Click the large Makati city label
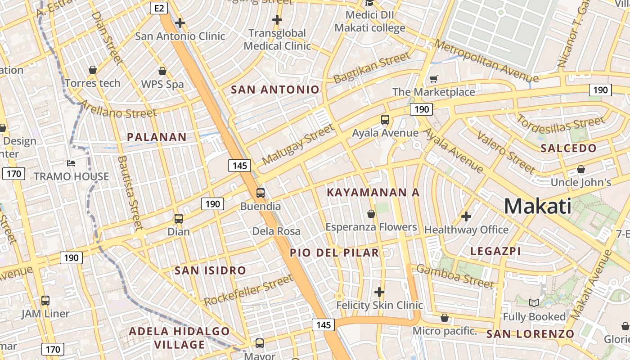click(x=538, y=206)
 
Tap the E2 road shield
click(x=160, y=8)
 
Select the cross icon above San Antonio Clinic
click(x=180, y=22)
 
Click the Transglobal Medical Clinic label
click(x=277, y=40)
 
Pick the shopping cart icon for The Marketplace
click(x=433, y=79)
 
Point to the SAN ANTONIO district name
click(x=275, y=90)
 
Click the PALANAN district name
click(x=157, y=137)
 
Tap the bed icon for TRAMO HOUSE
click(x=71, y=163)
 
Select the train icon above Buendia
click(x=261, y=193)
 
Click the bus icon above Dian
click(x=179, y=219)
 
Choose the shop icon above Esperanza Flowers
click(x=371, y=213)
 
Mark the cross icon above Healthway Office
click(x=466, y=216)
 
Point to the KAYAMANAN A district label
click(x=373, y=193)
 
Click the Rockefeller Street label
click(x=248, y=291)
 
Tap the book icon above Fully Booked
click(x=534, y=303)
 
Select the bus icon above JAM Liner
click(x=45, y=300)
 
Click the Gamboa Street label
click(x=455, y=276)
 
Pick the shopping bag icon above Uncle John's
click(x=581, y=169)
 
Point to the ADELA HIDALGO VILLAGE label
click(x=179, y=338)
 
